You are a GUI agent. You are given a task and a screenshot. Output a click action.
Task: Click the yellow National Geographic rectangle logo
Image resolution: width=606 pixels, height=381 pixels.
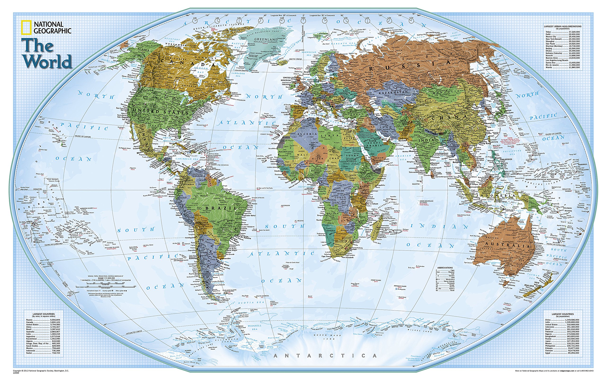[x=26, y=27]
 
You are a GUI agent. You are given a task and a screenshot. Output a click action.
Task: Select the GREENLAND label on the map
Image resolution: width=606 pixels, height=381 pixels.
[x=266, y=40]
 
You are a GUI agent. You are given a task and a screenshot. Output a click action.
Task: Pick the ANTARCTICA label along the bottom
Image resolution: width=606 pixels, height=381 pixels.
[x=325, y=356]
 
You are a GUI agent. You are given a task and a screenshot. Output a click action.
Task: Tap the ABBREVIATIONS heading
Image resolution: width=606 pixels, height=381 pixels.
[x=445, y=268]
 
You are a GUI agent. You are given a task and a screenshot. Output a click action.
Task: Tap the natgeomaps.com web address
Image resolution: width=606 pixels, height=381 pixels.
[x=567, y=370]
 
